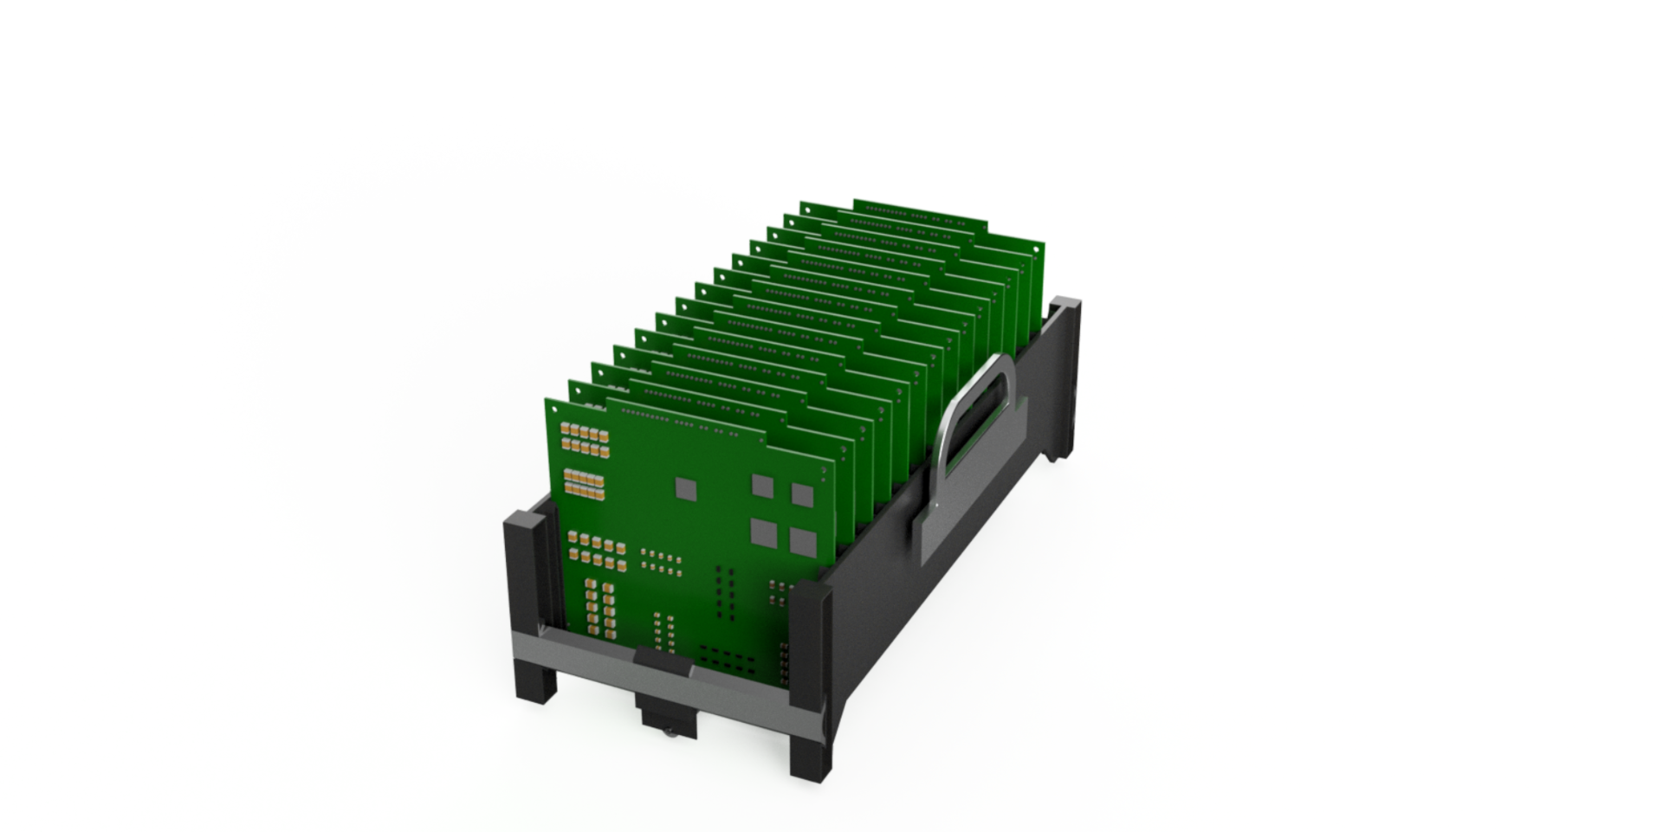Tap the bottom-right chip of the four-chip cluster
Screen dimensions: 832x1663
click(804, 541)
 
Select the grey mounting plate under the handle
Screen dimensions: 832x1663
click(970, 485)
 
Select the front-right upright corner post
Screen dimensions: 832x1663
click(812, 641)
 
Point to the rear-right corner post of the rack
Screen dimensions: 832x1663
click(1064, 372)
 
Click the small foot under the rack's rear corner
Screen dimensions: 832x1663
click(1054, 456)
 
